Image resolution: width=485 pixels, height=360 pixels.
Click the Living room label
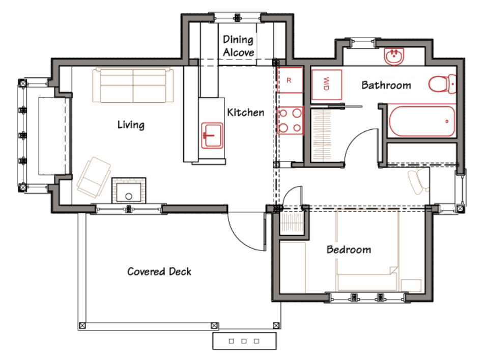[x=131, y=125]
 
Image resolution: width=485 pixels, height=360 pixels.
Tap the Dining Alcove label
[x=239, y=46]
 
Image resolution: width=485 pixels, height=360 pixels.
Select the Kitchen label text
[x=246, y=113]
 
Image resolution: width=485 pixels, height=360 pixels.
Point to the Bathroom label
[x=386, y=85]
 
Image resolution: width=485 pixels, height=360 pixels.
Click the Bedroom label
[x=349, y=250]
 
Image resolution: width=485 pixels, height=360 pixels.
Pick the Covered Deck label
[x=159, y=271]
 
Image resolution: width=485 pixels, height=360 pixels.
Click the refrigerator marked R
[x=289, y=80]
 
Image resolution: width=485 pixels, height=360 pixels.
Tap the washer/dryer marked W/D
[x=327, y=84]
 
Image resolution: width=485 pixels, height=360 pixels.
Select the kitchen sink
[x=212, y=135]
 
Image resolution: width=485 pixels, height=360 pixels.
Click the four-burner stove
[x=290, y=120]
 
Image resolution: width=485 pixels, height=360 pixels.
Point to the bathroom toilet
[x=442, y=84]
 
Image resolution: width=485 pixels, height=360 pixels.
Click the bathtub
[x=421, y=121]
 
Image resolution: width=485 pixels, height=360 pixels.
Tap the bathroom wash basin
[x=394, y=57]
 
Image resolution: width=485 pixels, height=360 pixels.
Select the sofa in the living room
[x=133, y=85]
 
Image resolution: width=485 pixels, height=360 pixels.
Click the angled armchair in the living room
[x=94, y=177]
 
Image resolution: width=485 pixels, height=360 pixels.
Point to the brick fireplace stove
[x=129, y=190]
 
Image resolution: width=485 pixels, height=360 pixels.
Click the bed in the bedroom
[x=367, y=251]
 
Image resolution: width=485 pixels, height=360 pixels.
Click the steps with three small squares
[x=244, y=341]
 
